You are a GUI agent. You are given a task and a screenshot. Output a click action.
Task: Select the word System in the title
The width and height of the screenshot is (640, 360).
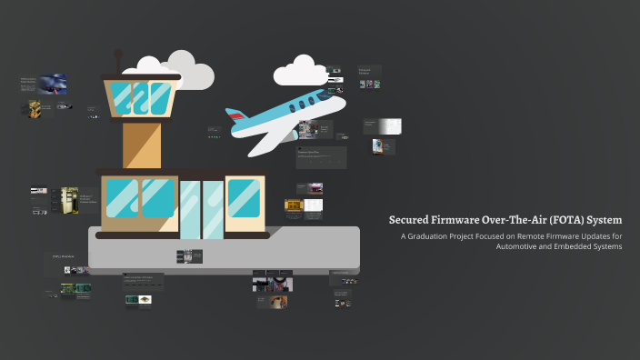pos(604,220)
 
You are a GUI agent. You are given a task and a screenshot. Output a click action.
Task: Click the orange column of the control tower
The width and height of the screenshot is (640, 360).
pos(141,145)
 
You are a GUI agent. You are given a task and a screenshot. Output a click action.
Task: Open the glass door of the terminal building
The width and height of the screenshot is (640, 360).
pos(201,207)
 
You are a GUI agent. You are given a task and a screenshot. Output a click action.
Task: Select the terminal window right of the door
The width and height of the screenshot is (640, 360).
pos(244,198)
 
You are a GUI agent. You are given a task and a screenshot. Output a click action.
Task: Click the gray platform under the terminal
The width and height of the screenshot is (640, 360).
pos(224,250)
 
